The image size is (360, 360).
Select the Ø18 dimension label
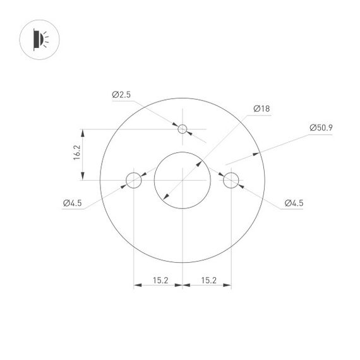(261, 109)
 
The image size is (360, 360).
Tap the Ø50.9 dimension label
(321, 128)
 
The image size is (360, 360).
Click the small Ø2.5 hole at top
(183, 129)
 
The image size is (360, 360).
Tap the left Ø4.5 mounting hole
(134, 180)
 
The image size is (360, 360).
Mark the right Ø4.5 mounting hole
(231, 180)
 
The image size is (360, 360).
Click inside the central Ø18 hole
(182, 180)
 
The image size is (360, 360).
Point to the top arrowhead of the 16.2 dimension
(82, 133)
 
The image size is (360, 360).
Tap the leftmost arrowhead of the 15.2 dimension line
(137, 285)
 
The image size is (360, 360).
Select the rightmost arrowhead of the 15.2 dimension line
(227, 285)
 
